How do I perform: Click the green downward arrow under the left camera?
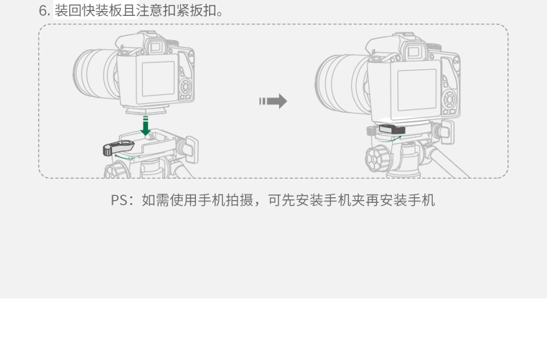pyautogui.click(x=145, y=125)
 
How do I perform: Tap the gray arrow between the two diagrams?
pyautogui.click(x=273, y=102)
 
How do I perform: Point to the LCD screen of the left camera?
pyautogui.click(x=159, y=78)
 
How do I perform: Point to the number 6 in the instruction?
pyautogui.click(x=42, y=11)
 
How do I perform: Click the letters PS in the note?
pyautogui.click(x=119, y=200)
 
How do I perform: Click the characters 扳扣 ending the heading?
pyautogui.click(x=199, y=11)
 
